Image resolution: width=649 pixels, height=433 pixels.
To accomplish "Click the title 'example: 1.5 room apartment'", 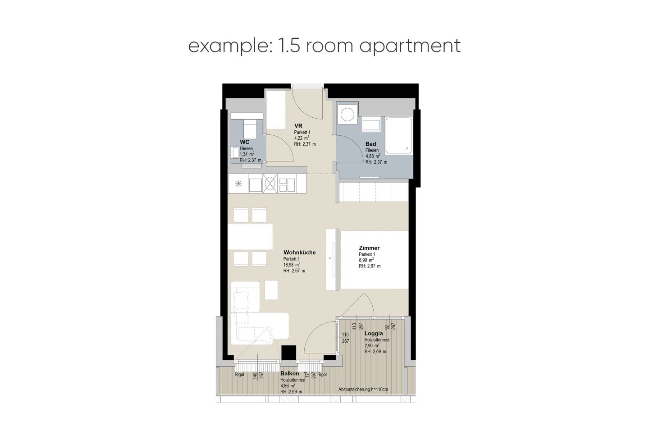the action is coord(324,46).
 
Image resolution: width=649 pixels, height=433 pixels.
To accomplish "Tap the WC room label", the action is coord(245,142).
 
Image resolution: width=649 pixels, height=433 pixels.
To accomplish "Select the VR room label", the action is coord(298,126).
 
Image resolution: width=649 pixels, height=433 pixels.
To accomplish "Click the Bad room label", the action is coord(370,144).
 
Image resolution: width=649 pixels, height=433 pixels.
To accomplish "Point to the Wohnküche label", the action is coord(300,253).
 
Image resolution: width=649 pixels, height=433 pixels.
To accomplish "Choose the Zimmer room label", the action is coord(369,248).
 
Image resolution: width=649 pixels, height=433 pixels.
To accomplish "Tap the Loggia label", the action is coord(374,333).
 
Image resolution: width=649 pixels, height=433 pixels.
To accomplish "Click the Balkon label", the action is coord(289,373).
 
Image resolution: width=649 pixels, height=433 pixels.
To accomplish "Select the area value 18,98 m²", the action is coord(292,264).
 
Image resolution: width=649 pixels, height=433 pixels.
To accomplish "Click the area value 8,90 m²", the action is coord(366,260).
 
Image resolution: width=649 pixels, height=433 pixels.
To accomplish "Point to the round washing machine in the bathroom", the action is coord(347,115).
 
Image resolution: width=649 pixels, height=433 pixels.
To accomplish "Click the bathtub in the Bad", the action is coord(399,135).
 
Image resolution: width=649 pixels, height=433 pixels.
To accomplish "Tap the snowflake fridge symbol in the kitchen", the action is coord(238,183).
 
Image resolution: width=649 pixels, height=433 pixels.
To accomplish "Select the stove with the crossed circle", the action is coord(270,184).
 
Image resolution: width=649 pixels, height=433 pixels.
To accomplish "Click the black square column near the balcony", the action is coord(289,353).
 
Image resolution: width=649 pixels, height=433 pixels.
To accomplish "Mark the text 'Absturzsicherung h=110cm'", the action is coord(363,390).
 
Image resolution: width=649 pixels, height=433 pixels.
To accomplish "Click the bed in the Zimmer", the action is coord(375,259).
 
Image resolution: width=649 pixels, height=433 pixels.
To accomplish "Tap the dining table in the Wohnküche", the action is coord(250,237).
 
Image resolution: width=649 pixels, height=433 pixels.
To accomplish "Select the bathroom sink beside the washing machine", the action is coord(371,125).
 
